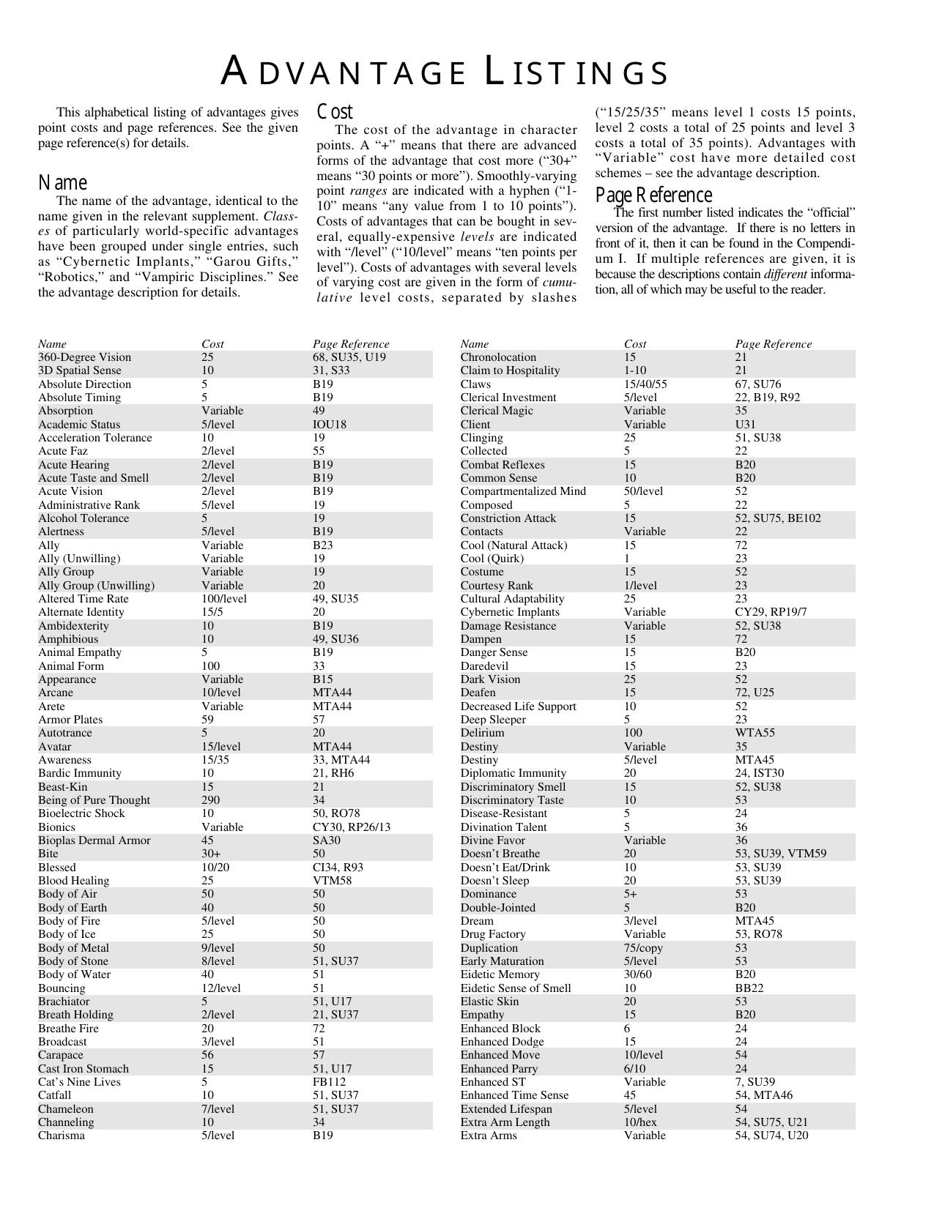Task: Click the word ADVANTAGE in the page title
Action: [x=344, y=72]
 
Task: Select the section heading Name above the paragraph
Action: [x=63, y=182]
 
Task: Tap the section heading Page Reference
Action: [x=653, y=195]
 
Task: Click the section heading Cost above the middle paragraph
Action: [x=335, y=111]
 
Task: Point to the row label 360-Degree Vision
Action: [x=85, y=357]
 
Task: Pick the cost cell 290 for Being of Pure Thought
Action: [x=211, y=800]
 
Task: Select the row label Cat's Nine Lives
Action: [x=79, y=1082]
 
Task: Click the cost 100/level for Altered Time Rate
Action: [x=224, y=599]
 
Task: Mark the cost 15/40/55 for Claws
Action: [x=645, y=384]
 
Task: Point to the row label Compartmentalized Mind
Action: [x=523, y=491]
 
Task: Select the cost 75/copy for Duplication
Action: [x=644, y=948]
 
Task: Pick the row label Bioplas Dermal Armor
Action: [x=94, y=840]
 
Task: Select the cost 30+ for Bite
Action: [x=211, y=854]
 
